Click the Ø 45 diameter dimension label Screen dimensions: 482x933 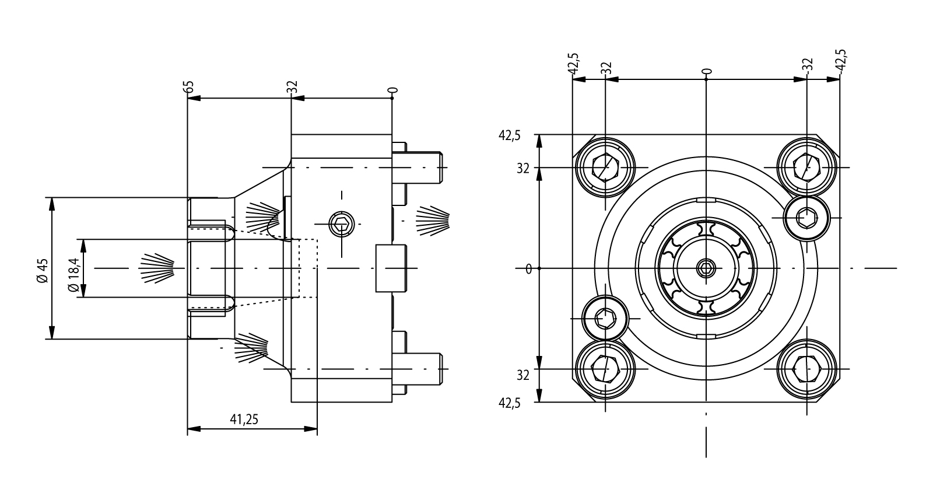[41, 269]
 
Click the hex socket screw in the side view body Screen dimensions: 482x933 [341, 223]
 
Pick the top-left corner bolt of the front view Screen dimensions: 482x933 [605, 168]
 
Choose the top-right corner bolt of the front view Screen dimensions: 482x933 [807, 168]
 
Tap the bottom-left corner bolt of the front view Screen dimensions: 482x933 [605, 369]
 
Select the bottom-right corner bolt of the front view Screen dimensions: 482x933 [807, 369]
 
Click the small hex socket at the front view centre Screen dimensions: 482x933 [706, 268]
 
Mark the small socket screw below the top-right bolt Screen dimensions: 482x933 [807, 218]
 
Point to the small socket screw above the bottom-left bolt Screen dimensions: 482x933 [605, 318]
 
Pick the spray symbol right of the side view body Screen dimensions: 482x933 [433, 221]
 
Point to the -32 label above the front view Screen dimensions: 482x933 [808, 66]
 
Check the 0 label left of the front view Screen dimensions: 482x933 [528, 269]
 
